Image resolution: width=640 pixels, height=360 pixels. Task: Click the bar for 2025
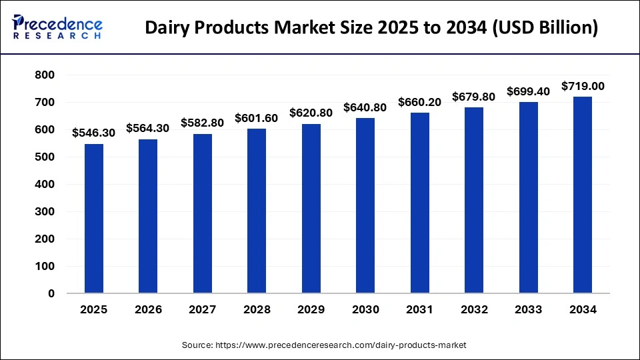pos(94,219)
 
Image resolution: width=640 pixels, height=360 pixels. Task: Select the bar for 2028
pos(257,211)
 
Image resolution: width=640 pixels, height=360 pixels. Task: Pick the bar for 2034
pos(583,195)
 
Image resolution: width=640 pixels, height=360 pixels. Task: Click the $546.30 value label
pos(94,133)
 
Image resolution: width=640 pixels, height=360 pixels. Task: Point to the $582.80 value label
pos(203,123)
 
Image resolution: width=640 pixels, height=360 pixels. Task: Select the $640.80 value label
pos(365,107)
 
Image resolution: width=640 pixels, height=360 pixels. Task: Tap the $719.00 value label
pos(583,86)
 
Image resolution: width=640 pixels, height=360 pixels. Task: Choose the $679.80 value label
pos(474,97)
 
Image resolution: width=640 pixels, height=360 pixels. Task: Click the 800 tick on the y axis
pos(45,75)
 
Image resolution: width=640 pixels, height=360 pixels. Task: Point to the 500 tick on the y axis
pos(45,157)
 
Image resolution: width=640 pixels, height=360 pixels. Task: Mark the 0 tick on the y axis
pos(51,293)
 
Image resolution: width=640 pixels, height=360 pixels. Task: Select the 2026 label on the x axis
pos(148,310)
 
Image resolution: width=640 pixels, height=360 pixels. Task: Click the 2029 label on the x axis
pos(311,310)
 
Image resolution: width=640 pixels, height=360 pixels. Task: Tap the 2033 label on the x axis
pos(528,310)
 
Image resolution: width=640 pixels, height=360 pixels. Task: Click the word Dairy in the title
pos(167,28)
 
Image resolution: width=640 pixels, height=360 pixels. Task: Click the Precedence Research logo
pos(57,27)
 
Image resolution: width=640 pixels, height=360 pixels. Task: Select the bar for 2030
pos(365,206)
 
